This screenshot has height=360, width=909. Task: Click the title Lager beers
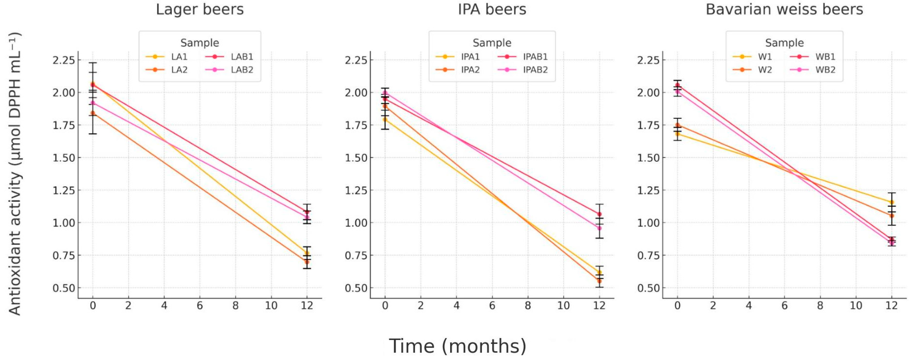point(200,10)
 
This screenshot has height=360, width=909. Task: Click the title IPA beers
point(492,10)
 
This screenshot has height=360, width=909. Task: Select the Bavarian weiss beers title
point(784,10)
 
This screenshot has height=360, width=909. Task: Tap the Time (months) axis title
point(457,346)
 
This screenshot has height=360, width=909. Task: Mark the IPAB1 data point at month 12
point(599,214)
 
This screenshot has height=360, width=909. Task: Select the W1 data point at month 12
point(892,202)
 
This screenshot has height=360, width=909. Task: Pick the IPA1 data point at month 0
point(385,120)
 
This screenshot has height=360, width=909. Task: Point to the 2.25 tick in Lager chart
point(64,60)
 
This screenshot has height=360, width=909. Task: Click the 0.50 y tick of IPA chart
point(356,288)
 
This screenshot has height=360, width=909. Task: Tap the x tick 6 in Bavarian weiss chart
point(784,305)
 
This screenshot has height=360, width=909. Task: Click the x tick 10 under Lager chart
point(271,305)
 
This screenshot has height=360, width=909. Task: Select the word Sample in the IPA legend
point(492,43)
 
